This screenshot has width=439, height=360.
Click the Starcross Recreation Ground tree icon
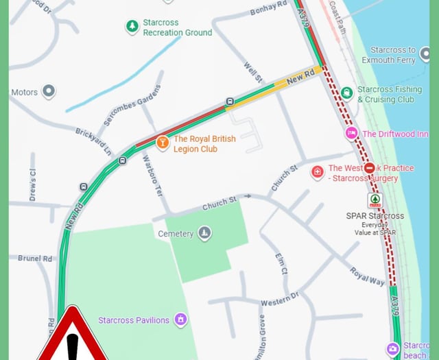point(132,27)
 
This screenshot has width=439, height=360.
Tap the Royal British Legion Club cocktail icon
point(163,143)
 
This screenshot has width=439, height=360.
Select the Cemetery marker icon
point(204,234)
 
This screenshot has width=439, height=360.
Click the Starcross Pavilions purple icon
point(180,320)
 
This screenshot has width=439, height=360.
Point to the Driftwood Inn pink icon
point(352,133)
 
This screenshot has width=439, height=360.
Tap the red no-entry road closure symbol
point(370,168)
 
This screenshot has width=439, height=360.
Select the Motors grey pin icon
point(48,91)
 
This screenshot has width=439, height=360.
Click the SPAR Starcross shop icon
point(375,200)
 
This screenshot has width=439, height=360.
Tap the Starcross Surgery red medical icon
point(318,171)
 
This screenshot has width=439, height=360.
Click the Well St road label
point(252,74)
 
